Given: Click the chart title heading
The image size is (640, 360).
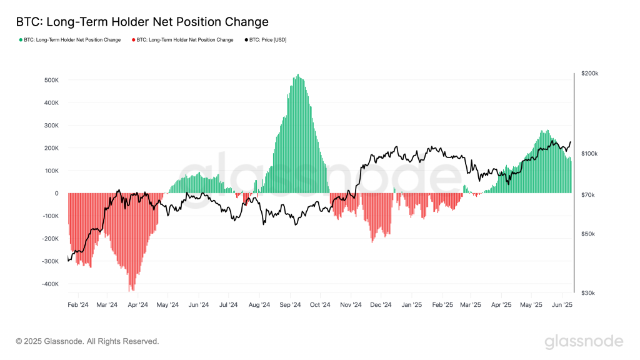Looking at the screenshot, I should pos(142,22).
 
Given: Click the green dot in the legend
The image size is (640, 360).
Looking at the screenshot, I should pos(20,40).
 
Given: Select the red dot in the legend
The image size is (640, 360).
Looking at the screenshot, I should pos(134,40).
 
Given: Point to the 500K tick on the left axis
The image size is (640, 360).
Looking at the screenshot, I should pos(51,81).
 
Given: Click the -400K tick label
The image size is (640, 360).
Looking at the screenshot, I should pos(50,284).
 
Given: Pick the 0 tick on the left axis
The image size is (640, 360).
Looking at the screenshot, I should pos(56,194).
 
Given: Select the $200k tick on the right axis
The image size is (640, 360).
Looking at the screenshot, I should pos(589,74).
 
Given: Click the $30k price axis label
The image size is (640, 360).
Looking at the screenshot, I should pos(588,292).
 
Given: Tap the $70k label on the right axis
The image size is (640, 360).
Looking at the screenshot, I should pos(588,196).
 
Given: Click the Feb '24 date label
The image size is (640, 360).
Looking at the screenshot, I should pos(78,305).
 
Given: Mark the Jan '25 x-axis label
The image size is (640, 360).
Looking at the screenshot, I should pos(411,305).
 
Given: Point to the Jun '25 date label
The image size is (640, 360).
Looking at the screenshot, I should pos(562,305).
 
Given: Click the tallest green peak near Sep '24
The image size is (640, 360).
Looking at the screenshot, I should pos(297,76).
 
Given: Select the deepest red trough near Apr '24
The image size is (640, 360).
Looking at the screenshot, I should pos(131,290).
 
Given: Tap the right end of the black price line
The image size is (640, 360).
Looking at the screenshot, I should pos(571,142).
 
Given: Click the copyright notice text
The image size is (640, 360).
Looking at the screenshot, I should pos(87,341).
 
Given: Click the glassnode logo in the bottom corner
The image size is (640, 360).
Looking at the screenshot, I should pos(584,341).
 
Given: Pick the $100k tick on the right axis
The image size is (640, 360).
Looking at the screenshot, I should pos(589,154).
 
